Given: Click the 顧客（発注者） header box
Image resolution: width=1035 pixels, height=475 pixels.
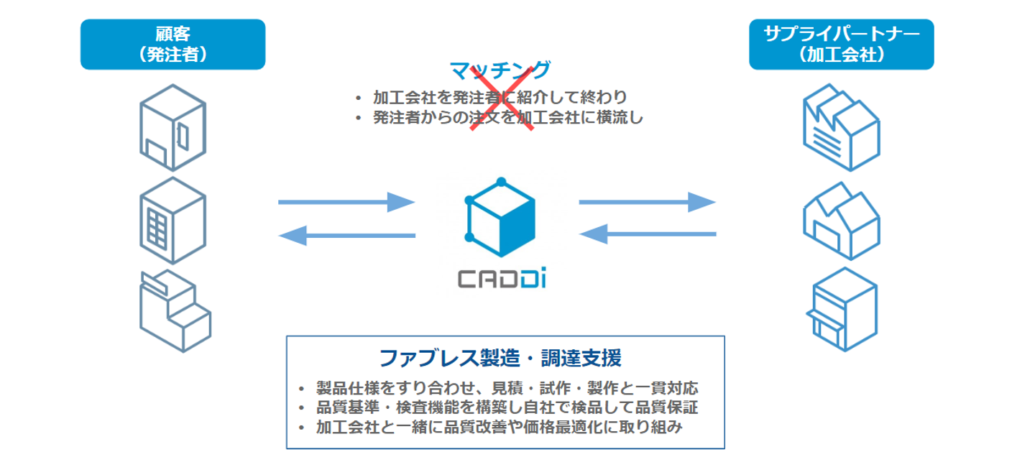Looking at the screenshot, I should point(172,44).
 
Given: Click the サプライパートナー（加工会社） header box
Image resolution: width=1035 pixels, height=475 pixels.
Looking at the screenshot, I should point(841,44).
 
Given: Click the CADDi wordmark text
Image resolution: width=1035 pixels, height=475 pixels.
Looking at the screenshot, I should point(502,279).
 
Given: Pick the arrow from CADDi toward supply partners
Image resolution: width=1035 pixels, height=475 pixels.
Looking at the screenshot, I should point(647,203).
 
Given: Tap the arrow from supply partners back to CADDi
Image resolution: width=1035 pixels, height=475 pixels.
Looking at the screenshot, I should point(647,234).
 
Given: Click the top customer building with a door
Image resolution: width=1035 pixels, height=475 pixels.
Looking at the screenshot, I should point(172,127).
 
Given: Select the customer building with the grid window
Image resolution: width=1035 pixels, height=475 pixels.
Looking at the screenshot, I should point(172,219).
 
